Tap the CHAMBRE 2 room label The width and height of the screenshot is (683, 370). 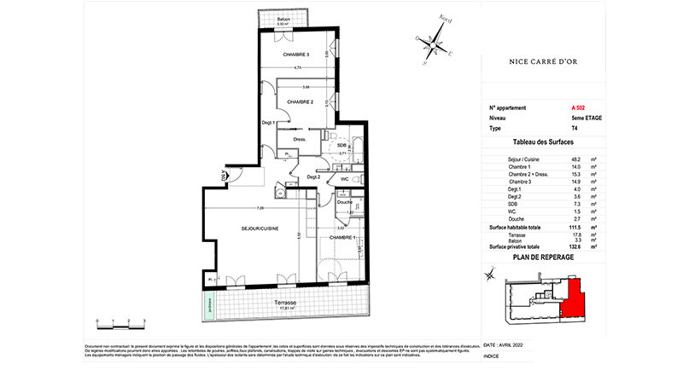tap(301, 101)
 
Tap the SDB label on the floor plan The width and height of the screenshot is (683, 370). tap(341, 145)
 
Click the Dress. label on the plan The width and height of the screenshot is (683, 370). tap(300, 139)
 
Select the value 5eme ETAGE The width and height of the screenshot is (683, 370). tap(588, 119)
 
